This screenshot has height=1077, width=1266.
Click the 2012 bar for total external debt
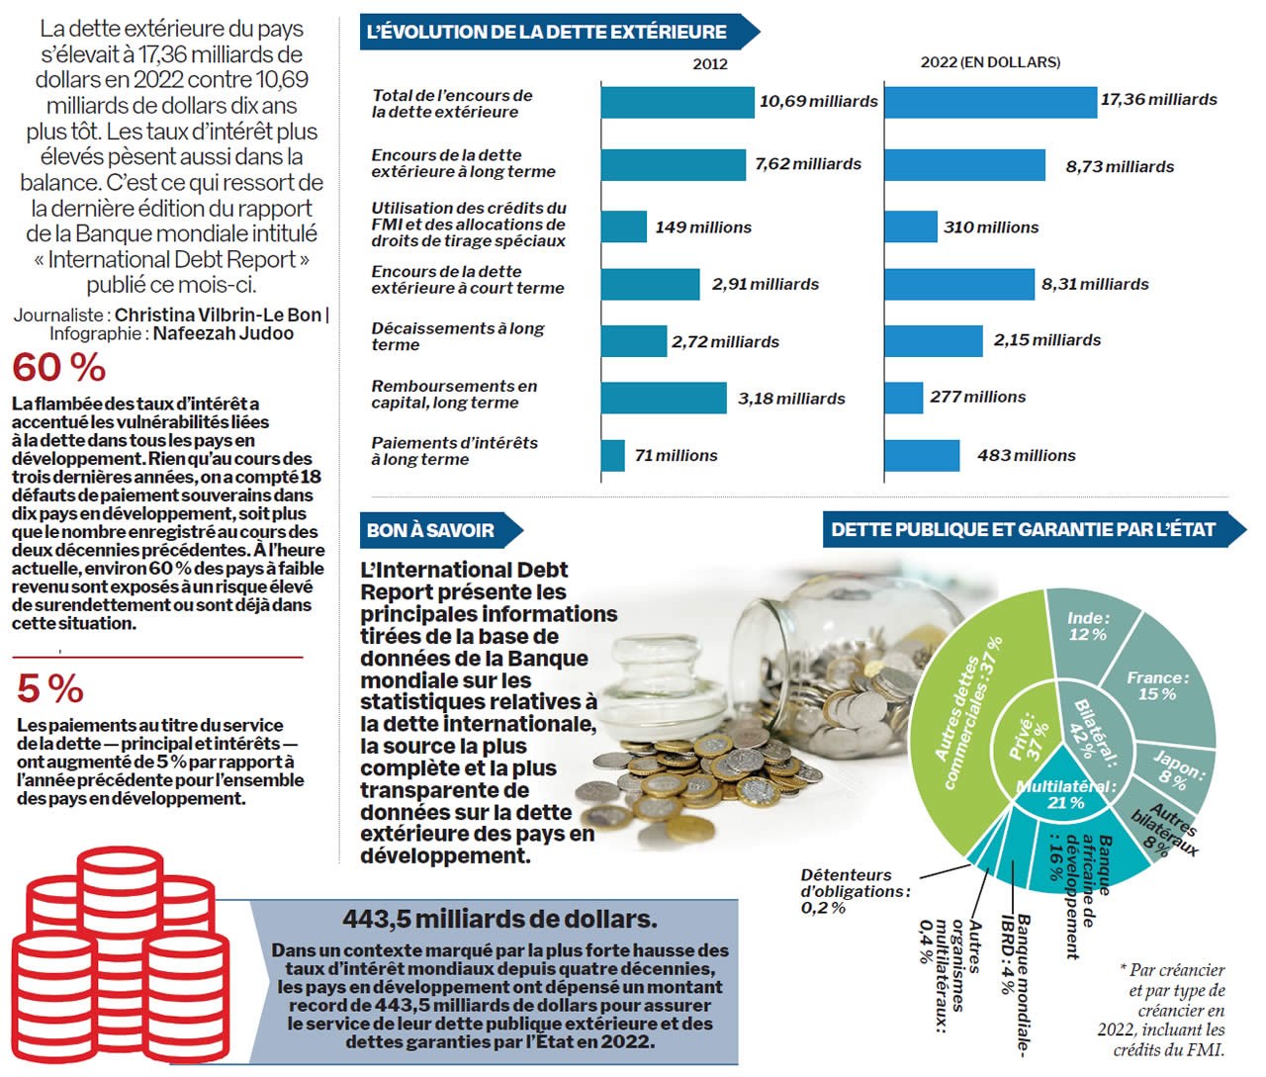click(678, 102)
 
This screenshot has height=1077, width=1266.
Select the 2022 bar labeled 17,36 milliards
click(990, 101)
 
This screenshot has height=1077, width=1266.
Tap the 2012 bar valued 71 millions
click(613, 456)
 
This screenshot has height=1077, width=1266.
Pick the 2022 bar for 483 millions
click(922, 456)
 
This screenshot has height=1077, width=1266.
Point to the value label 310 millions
click(991, 227)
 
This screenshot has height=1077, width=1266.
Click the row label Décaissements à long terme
click(457, 336)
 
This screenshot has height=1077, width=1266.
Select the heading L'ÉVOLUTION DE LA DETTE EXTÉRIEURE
click(547, 32)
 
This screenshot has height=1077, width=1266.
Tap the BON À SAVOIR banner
click(430, 530)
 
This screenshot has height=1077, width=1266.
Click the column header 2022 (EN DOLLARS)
click(990, 62)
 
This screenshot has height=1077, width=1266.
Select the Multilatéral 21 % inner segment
click(1066, 796)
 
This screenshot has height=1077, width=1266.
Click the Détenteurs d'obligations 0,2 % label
click(852, 891)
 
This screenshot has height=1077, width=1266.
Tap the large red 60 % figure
click(59, 368)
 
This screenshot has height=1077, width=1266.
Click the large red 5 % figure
click(50, 688)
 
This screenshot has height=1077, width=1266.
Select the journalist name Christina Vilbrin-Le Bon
click(218, 314)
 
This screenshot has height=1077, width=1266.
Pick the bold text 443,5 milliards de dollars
click(499, 919)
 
